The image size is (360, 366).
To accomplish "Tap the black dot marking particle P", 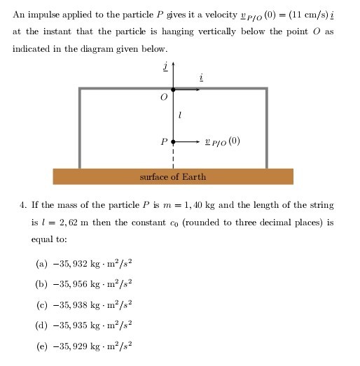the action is pyautogui.click(x=173, y=141).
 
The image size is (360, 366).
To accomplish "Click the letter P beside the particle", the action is pyautogui.click(x=164, y=141).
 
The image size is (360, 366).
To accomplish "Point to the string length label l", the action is pyautogui.click(x=181, y=114).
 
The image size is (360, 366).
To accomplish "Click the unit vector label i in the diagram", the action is pyautogui.click(x=202, y=78).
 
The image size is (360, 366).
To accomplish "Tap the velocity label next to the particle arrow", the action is pyautogui.click(x=223, y=141).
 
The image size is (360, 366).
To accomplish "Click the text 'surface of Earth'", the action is pyautogui.click(x=173, y=177).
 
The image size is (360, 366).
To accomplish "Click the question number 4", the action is pyautogui.click(x=23, y=205).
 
